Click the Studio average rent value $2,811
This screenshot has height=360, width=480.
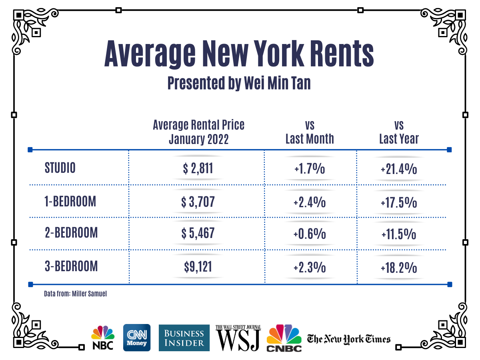pos(198,169)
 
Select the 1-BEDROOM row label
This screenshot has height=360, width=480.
pos(70,202)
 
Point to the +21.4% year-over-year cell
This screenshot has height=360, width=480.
pos(399,169)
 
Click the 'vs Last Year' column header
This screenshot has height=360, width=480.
pos(399,132)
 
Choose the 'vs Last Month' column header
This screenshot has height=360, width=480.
pos(310,132)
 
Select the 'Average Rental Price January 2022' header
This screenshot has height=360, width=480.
pos(198,132)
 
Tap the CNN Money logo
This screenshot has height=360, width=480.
pos(137,338)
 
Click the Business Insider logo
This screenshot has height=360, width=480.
pos(184,338)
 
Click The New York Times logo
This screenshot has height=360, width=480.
pos(348,339)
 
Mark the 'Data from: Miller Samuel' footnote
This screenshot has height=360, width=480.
pos(76,294)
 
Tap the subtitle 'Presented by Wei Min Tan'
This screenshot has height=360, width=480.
pos(239,84)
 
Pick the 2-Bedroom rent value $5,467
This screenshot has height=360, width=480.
pos(198,234)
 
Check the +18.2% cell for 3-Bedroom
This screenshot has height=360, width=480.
pos(399,267)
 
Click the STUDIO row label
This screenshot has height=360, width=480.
pos(60,168)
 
